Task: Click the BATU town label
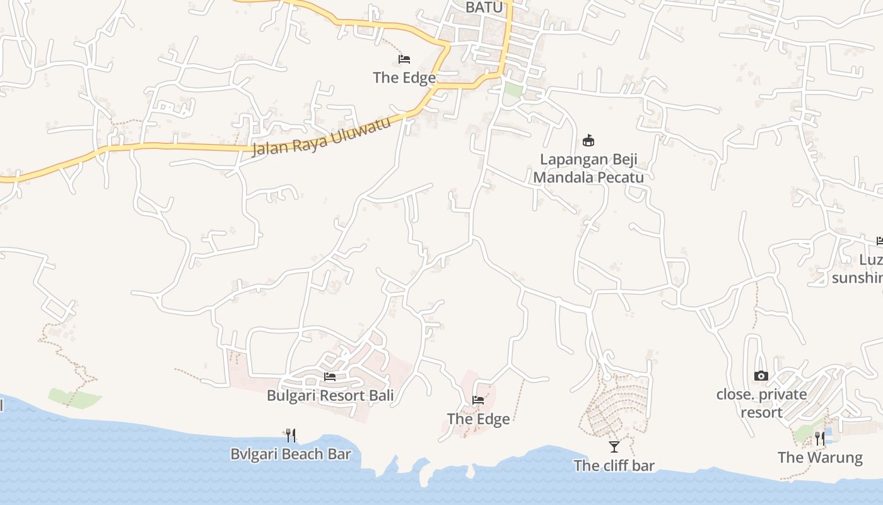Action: [484, 7]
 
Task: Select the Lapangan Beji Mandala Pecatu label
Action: [588, 168]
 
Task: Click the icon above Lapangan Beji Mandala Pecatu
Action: [588, 140]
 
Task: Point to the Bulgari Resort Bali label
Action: [330, 396]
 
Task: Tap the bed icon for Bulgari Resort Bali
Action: [330, 377]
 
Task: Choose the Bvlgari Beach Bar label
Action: [290, 454]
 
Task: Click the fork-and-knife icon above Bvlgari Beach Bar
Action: [290, 435]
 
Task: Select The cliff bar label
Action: [614, 466]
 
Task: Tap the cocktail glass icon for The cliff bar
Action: [614, 447]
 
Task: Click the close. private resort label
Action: [761, 403]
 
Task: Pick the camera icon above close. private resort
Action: [761, 376]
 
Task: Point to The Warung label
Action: [820, 457]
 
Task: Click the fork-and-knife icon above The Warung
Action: [820, 438]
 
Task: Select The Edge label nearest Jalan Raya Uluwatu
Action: [404, 78]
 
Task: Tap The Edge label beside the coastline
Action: [478, 419]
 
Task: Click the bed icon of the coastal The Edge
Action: [478, 400]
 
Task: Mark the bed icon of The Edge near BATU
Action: [404, 59]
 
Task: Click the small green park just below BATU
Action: [513, 90]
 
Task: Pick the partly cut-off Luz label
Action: [871, 259]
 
